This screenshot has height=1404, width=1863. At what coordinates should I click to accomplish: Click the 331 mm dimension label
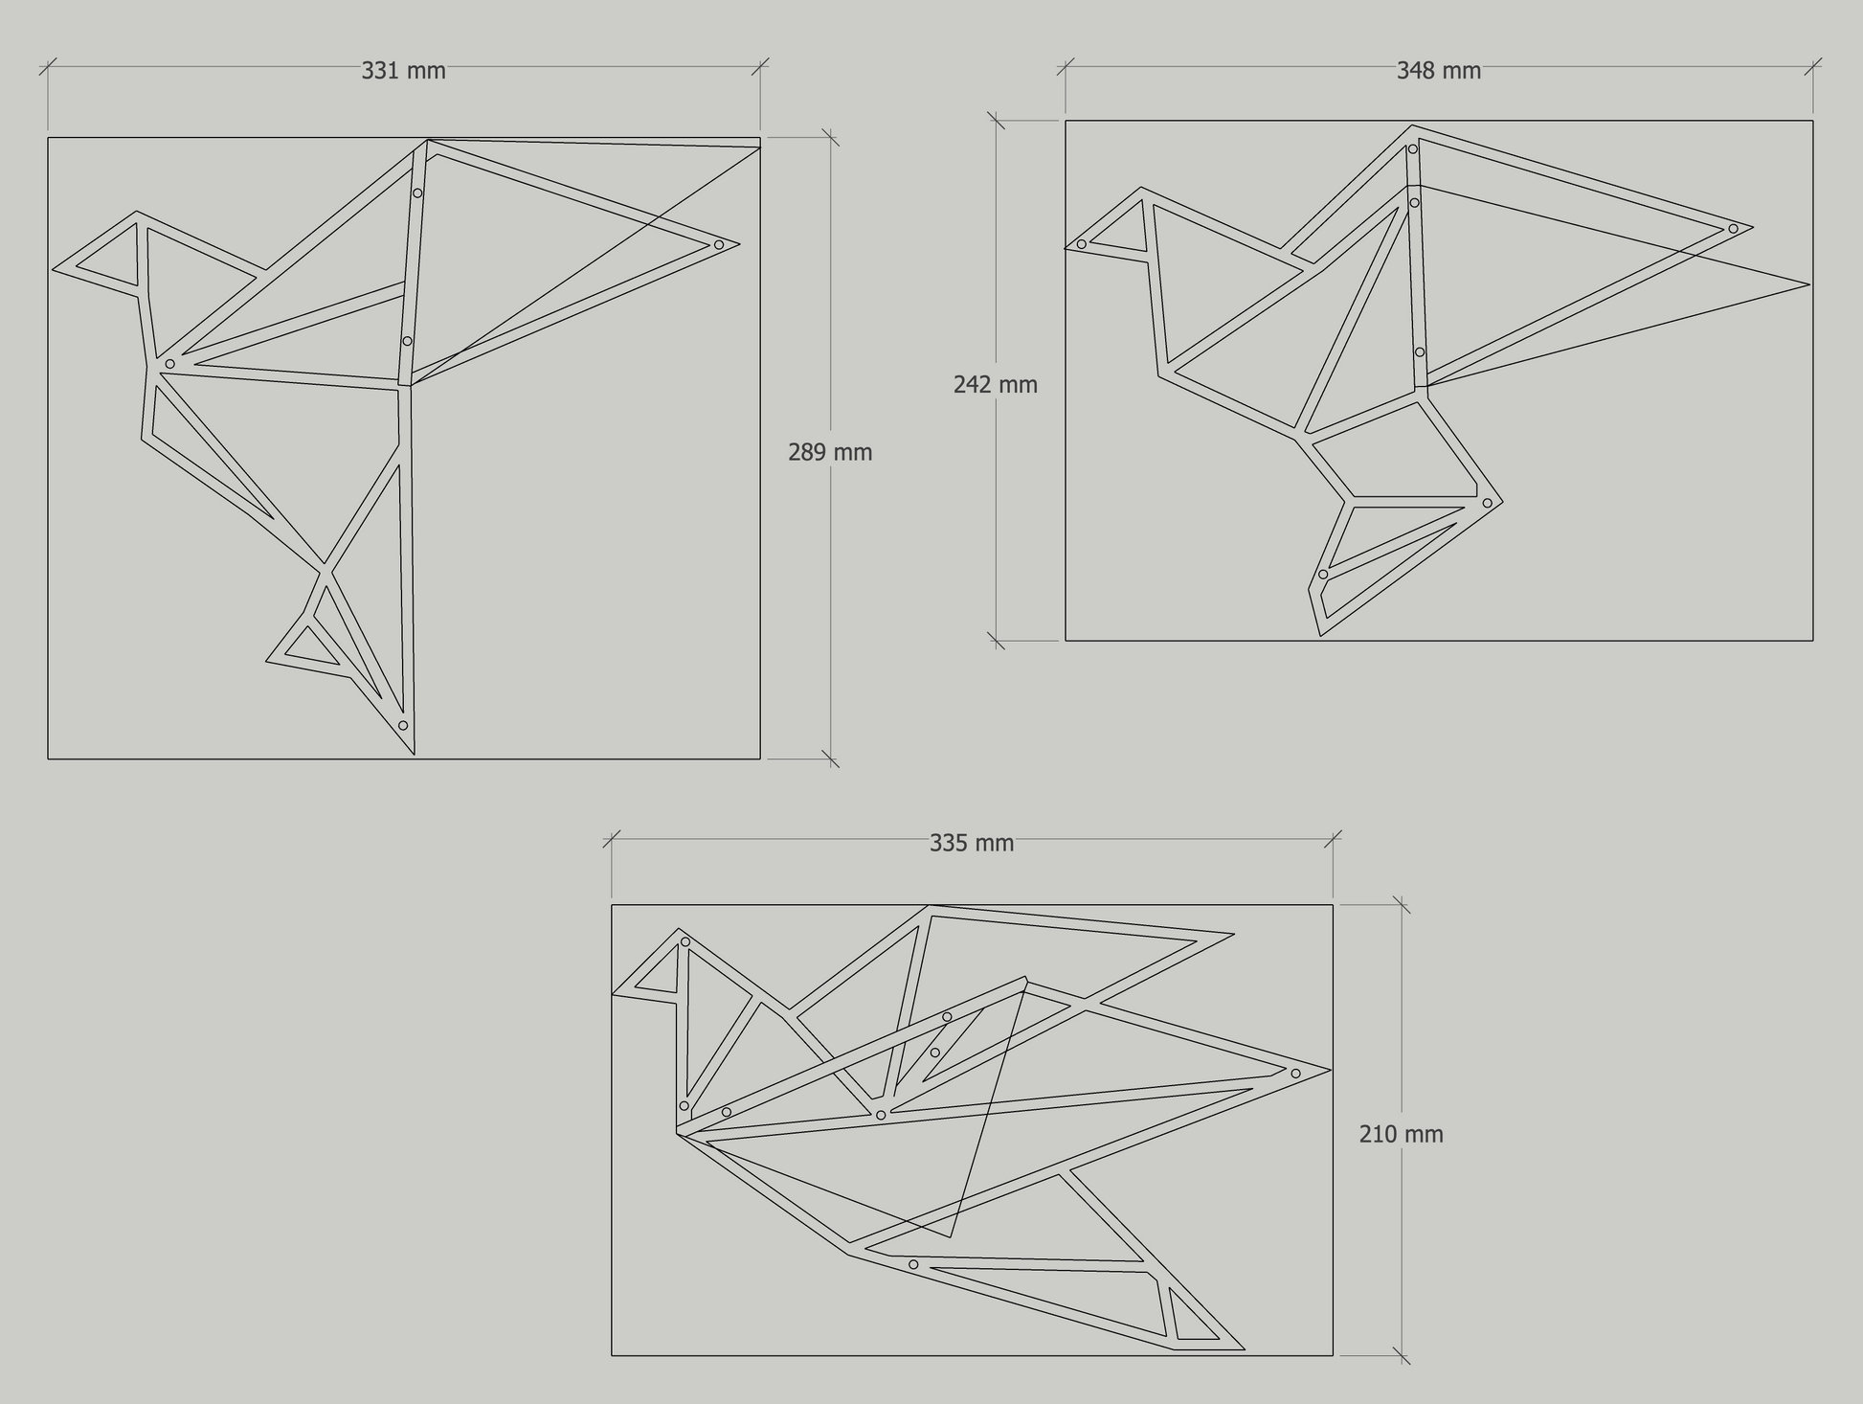[x=403, y=71]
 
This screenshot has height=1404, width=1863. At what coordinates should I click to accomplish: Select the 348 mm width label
[x=1438, y=71]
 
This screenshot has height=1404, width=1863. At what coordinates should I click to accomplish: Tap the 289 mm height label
[x=830, y=452]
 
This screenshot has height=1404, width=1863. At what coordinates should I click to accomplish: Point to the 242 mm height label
[x=996, y=385]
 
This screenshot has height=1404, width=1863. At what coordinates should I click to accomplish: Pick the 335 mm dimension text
[x=972, y=843]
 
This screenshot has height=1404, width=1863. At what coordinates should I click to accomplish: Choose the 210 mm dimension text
[x=1401, y=1134]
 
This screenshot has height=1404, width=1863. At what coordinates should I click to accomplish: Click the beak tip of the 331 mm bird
[x=53, y=268]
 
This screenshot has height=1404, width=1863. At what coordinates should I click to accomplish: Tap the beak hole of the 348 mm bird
[x=1082, y=244]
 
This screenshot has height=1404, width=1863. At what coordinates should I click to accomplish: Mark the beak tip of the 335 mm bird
[x=613, y=994]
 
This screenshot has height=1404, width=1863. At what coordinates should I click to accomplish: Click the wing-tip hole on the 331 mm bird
[x=719, y=245]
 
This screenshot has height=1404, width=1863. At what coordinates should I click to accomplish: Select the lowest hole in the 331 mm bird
[x=403, y=726]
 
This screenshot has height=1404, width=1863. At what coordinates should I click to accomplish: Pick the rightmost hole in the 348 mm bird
[x=1733, y=229]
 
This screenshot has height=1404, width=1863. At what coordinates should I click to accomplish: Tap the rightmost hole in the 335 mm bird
[x=1295, y=1074]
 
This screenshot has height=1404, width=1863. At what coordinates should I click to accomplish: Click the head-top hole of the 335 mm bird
[x=685, y=942]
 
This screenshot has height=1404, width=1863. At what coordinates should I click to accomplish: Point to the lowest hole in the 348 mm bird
[x=1323, y=575]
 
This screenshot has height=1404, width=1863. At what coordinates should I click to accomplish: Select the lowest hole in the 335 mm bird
[x=913, y=1265]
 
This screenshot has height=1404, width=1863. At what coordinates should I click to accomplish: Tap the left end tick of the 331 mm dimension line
[x=48, y=66]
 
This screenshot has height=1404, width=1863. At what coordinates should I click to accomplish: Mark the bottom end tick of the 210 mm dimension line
[x=1402, y=1355]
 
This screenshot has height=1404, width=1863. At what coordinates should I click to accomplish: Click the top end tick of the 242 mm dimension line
[x=996, y=121]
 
